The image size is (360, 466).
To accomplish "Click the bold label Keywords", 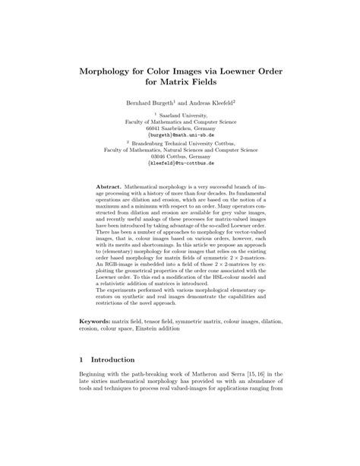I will point(99,344).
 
